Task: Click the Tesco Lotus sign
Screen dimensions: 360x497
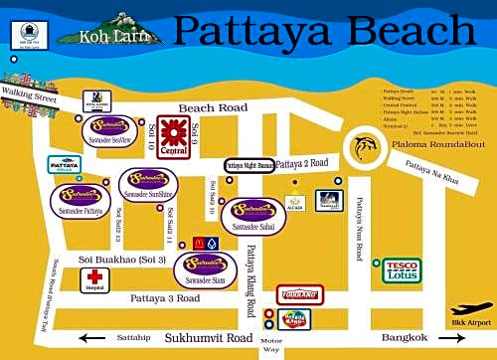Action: click(402, 270)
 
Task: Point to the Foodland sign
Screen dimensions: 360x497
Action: click(298, 293)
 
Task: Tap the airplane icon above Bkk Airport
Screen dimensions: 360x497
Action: click(470, 310)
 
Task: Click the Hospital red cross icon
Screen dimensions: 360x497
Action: click(95, 278)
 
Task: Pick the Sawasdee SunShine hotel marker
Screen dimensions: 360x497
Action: click(148, 183)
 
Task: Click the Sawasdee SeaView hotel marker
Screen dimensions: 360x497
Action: click(110, 127)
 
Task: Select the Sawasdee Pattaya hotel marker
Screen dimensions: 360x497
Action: click(78, 197)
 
